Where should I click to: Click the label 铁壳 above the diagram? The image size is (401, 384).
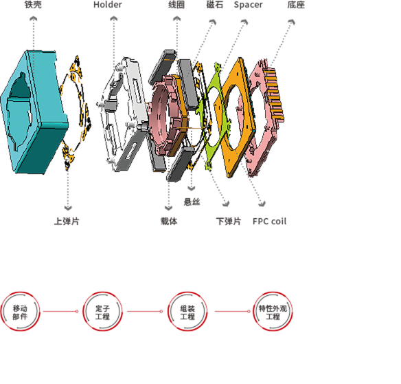(x=33, y=5)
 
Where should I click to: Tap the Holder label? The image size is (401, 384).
(x=108, y=5)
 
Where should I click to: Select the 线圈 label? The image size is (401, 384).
(x=176, y=5)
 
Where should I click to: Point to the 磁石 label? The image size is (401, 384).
(x=214, y=5)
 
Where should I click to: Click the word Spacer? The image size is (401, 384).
(x=248, y=5)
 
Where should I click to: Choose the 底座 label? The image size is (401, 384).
(x=296, y=5)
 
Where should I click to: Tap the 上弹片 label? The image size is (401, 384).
(x=67, y=221)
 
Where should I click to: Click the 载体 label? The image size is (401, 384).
(x=169, y=221)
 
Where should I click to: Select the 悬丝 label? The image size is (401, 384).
(x=192, y=202)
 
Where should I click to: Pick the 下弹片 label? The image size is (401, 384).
(x=229, y=221)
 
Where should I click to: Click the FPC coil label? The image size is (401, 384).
(x=270, y=221)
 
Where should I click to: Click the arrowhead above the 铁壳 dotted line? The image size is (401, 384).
(x=34, y=19)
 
